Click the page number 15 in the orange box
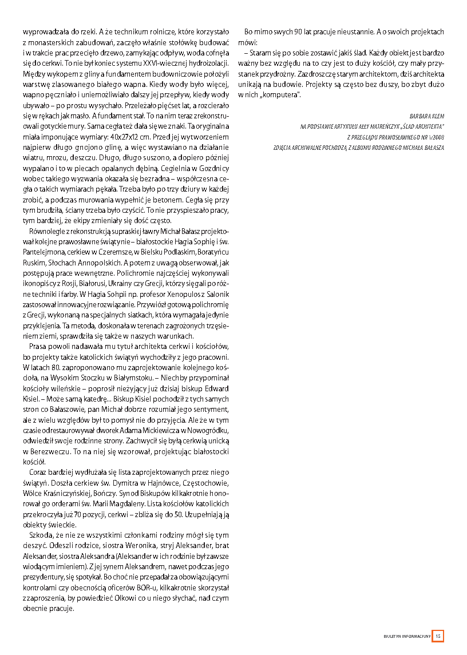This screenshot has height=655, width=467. click(438, 636)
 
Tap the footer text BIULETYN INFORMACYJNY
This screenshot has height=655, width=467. click(407, 636)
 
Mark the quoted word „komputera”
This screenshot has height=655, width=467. click(280, 94)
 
